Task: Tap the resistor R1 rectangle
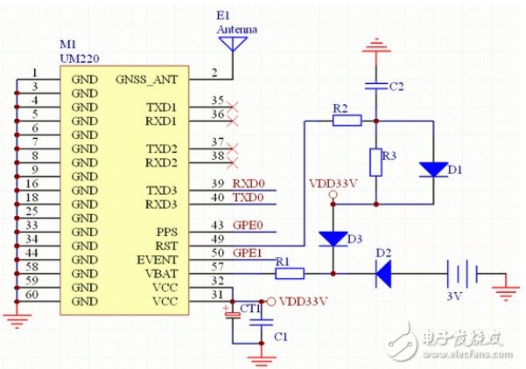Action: click(x=290, y=274)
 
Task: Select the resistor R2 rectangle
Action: click(x=347, y=121)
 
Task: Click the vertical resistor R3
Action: click(x=376, y=163)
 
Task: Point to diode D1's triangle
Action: click(x=433, y=170)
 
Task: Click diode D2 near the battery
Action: click(x=383, y=274)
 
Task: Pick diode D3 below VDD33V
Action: click(x=333, y=239)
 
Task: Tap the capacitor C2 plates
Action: click(x=376, y=87)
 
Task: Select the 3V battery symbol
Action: click(x=462, y=274)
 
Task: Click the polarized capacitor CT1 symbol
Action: click(x=233, y=314)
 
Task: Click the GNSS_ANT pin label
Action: click(x=146, y=80)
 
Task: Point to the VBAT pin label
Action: click(x=161, y=274)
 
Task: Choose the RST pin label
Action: click(x=166, y=246)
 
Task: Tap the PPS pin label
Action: click(x=166, y=232)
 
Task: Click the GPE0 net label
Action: click(x=248, y=226)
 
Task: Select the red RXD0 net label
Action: click(x=249, y=184)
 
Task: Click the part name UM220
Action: click(x=80, y=59)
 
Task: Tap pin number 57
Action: click(x=217, y=267)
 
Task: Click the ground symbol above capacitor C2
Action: click(x=376, y=47)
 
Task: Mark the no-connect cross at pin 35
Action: click(x=232, y=108)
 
